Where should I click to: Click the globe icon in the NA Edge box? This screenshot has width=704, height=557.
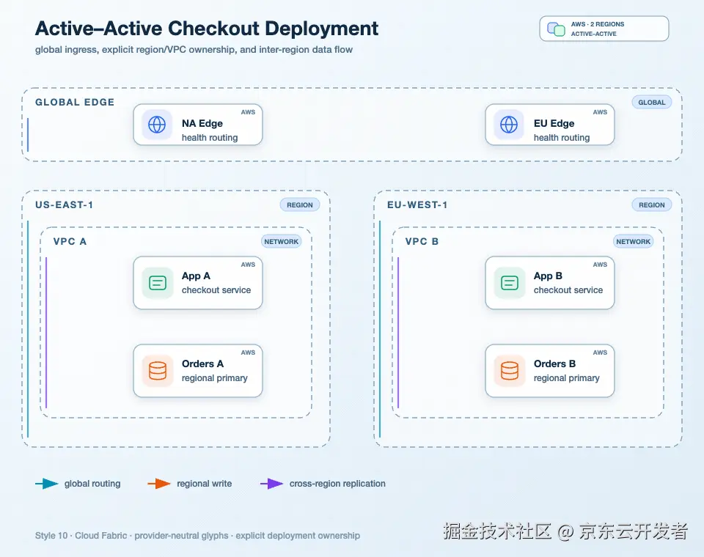157,125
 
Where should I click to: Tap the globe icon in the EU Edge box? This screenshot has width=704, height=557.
509,125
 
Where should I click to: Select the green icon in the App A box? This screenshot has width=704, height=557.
158,283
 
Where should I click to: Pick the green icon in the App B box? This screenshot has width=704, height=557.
510,283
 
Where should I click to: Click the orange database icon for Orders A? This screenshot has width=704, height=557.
158,371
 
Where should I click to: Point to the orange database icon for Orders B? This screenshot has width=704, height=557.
510,371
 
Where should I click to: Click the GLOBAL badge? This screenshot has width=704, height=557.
652,103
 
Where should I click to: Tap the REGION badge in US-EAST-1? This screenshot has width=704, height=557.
300,204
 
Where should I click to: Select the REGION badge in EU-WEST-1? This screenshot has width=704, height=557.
652,204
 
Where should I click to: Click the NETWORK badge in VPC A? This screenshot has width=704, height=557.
282,241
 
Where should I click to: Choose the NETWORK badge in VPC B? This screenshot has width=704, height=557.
634,241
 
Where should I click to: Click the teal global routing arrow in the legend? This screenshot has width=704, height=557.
47,484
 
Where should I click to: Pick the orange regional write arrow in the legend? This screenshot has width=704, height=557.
159,484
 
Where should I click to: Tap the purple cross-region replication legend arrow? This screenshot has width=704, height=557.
272,484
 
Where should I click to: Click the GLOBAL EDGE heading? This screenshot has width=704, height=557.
75,103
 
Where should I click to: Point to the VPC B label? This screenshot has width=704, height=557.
422,241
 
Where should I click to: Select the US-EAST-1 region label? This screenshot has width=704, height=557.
65,204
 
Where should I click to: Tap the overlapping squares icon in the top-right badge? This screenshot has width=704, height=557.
557,29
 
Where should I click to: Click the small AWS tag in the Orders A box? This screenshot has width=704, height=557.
248,353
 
